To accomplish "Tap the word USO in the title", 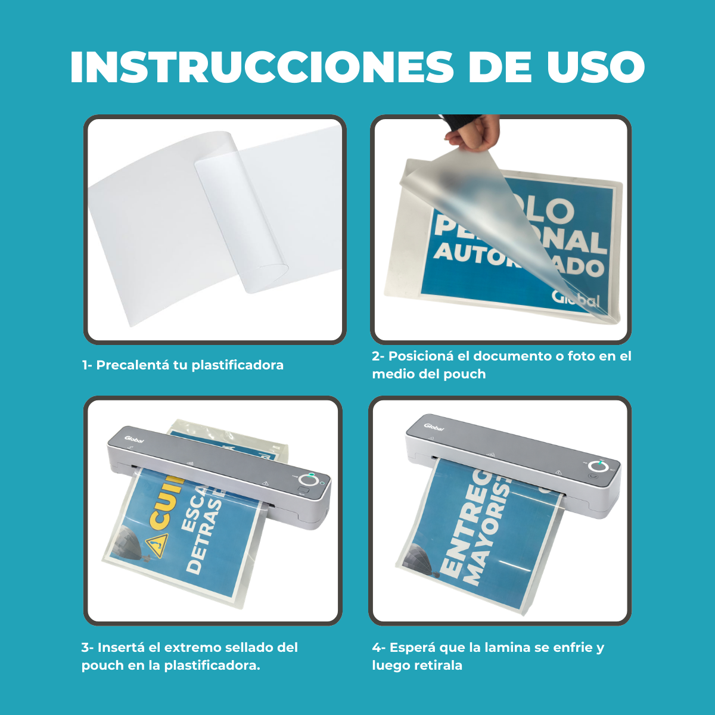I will pos(596,67).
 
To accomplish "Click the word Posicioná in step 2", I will pos(421,356).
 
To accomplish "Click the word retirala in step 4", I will pos(439,666).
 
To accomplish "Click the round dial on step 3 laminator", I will pos(309,480).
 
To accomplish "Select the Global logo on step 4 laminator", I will pos(434,426).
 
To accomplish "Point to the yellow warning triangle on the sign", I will pos(157,544).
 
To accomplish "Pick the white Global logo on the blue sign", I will pos(575,298).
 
